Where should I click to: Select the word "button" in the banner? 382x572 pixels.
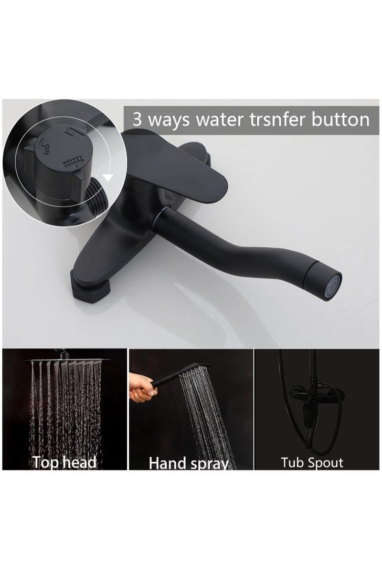click(x=341, y=119)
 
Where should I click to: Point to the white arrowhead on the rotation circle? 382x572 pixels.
click(x=108, y=178)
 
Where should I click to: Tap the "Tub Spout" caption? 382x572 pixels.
click(x=312, y=462)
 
